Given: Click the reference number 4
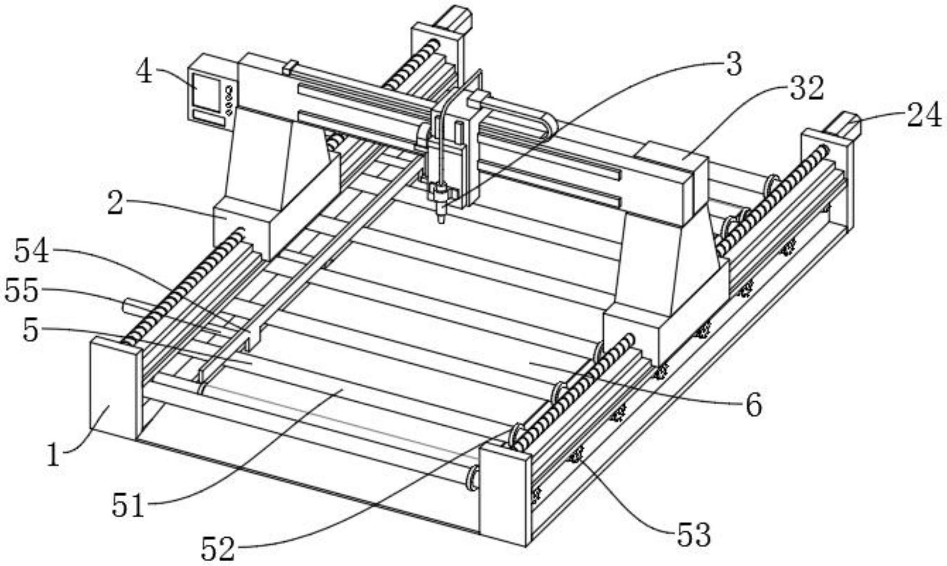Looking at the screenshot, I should (144, 73).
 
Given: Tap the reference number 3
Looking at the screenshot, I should (733, 65).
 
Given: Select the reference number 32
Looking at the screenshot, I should (806, 89).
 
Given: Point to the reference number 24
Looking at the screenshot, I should (924, 116).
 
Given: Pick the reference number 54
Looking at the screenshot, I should (32, 251).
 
